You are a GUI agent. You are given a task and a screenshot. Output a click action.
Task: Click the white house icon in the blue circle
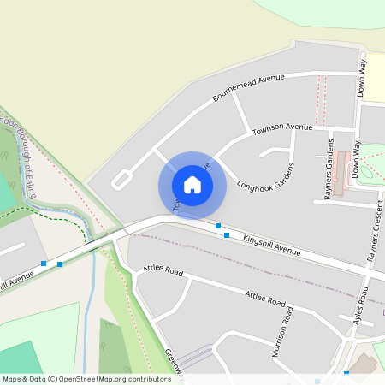[192, 185]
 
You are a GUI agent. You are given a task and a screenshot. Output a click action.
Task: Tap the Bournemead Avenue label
[248, 88]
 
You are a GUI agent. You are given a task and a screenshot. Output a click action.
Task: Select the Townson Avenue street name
[282, 128]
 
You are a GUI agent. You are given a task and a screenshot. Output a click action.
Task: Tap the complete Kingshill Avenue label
[271, 245]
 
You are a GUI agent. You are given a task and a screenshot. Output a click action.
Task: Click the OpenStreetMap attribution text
[86, 378]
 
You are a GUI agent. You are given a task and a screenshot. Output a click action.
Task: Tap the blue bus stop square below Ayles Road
[346, 374]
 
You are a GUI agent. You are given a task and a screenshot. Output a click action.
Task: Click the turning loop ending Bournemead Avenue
[121, 179]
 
